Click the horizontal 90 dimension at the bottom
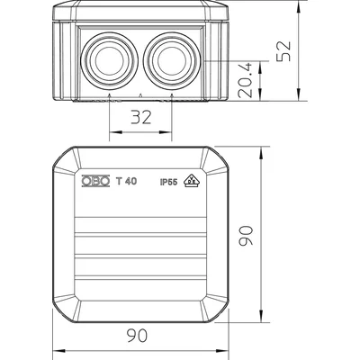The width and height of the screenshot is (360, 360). coord(137,335)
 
